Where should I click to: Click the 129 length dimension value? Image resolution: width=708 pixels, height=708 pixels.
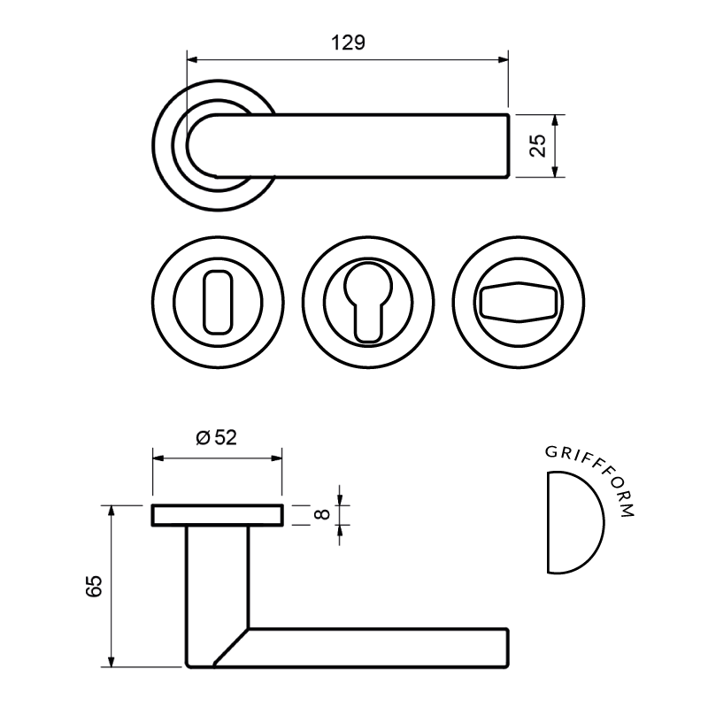click(348, 42)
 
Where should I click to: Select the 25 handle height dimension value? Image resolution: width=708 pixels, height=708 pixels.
click(537, 145)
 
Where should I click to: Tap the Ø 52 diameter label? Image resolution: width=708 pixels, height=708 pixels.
click(216, 437)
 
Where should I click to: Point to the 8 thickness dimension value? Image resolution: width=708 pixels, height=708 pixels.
click(322, 514)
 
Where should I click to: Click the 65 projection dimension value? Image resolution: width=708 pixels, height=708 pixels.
click(94, 587)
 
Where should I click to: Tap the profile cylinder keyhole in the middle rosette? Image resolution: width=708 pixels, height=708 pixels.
click(368, 303)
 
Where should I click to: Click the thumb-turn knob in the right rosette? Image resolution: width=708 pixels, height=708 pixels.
click(519, 302)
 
